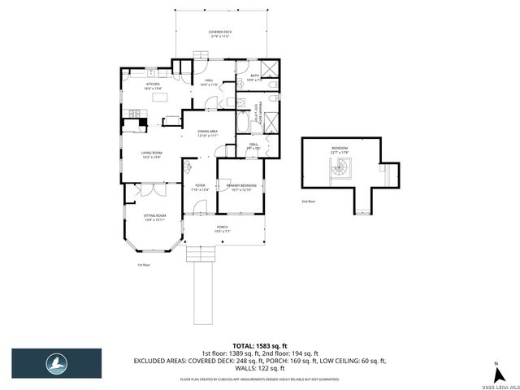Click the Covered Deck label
tap(220, 34)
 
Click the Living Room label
tap(152, 154)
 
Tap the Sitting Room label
tap(154, 217)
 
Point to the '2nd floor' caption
tap(308, 201)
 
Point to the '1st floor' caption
tap(144, 264)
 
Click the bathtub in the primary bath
tap(243, 125)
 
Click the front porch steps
tap(199, 254)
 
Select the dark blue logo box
tap(56, 364)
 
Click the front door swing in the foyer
tap(186, 167)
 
